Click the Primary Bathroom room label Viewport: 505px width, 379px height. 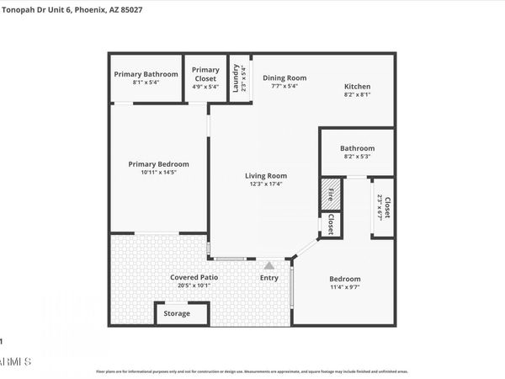(146, 74)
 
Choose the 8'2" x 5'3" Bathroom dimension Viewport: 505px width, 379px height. (356, 156)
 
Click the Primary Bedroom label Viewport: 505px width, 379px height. (158, 164)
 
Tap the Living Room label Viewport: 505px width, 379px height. (266, 176)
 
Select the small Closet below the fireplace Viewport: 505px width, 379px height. (332, 224)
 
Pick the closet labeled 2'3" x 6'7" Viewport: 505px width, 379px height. (383, 207)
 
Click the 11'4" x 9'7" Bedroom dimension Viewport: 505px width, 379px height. (344, 288)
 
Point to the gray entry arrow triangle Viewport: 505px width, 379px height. (269, 265)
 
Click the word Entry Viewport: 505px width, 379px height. (269, 278)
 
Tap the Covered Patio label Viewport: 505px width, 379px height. (194, 277)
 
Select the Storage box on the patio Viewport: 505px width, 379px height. (177, 313)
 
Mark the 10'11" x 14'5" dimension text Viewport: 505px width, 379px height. (158, 172)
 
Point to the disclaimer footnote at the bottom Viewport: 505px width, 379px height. (252, 371)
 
